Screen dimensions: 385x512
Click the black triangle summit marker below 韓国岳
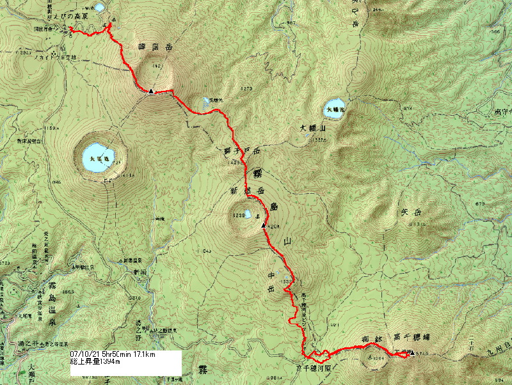(x=150, y=91)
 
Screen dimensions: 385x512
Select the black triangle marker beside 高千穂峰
(x=412, y=352)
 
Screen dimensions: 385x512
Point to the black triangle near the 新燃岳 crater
(x=263, y=225)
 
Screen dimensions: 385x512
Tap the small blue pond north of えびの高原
(x=99, y=8)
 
